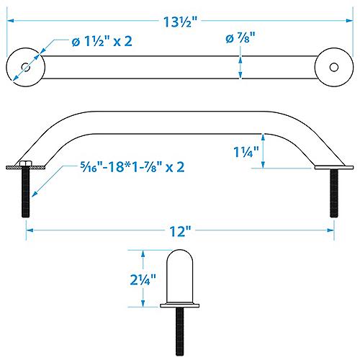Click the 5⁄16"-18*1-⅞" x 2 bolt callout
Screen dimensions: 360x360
[x=134, y=167]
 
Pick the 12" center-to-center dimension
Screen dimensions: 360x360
[x=180, y=231]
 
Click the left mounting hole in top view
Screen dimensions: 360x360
[x=26, y=66]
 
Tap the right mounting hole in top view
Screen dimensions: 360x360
[x=333, y=66]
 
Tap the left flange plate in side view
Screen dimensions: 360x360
[x=27, y=168]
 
